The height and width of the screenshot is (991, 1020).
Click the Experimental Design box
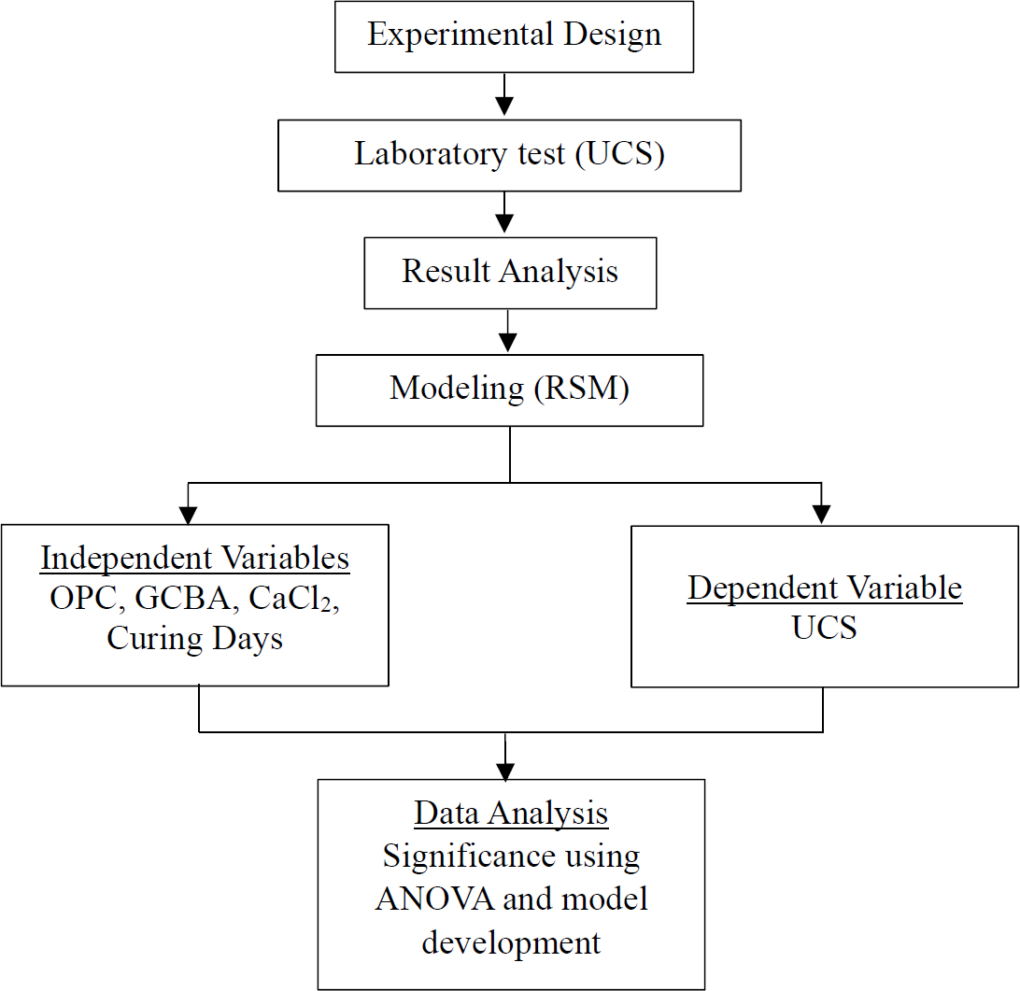click(x=514, y=35)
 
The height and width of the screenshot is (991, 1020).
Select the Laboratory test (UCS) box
click(x=509, y=154)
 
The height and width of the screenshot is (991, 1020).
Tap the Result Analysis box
click(x=510, y=272)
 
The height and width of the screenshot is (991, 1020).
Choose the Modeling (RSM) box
click(x=509, y=389)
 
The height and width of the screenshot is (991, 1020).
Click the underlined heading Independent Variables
click(x=194, y=559)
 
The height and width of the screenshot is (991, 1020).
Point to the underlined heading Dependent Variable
click(x=825, y=588)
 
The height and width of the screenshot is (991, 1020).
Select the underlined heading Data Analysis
click(x=511, y=814)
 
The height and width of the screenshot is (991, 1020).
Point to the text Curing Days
click(x=194, y=639)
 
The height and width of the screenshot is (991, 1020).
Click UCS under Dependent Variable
click(x=825, y=628)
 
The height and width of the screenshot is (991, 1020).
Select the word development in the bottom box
click(x=511, y=941)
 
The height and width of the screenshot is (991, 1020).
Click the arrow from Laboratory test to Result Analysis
click(x=504, y=214)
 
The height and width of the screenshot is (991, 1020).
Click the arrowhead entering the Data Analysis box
click(x=505, y=772)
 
